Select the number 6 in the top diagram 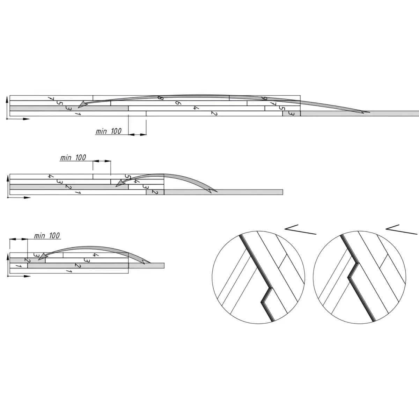(178, 103)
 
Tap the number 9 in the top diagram (264, 98)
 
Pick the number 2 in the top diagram (214, 113)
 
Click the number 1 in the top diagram (78, 113)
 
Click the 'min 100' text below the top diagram (109, 131)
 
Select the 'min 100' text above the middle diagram (73, 157)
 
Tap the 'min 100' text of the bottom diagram (47, 236)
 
